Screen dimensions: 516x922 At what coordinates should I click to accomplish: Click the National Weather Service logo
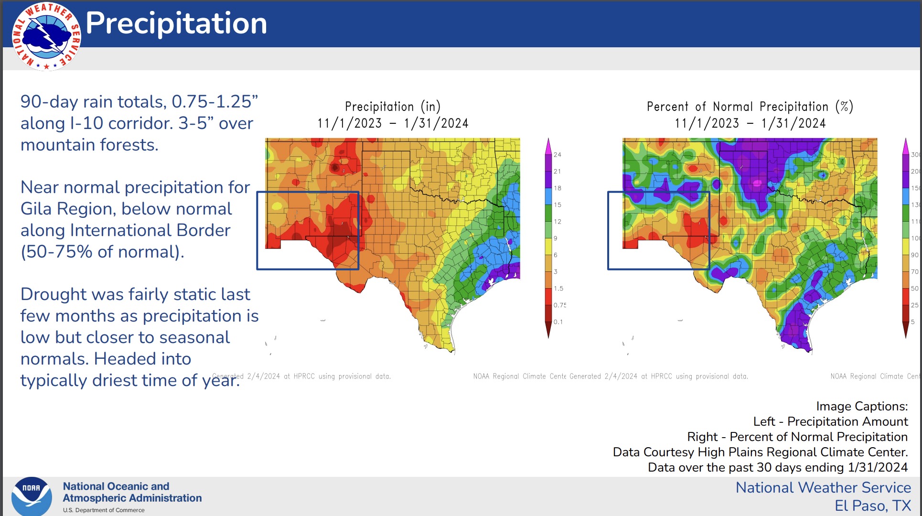46,36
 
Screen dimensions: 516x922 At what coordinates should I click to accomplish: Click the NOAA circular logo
32,496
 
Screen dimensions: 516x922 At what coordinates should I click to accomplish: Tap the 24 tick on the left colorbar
557,155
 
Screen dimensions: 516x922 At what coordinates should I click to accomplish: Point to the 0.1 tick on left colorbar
558,322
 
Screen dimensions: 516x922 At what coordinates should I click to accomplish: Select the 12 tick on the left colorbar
557,222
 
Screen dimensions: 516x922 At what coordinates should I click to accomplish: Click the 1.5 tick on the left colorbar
558,289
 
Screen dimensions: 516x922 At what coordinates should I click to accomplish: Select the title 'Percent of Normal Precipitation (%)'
750,107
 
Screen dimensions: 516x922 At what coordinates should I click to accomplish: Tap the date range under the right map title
750,123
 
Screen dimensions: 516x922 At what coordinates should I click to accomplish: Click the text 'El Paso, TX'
872,505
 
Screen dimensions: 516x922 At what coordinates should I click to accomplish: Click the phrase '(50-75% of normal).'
102,252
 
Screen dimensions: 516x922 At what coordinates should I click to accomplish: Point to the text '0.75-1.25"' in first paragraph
214,102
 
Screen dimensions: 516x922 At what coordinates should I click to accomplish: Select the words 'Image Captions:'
861,406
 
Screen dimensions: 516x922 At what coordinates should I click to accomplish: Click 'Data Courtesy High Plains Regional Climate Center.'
760,452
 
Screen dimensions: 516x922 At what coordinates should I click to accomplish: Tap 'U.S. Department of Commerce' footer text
104,510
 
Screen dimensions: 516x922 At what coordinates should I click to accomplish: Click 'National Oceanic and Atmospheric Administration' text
132,492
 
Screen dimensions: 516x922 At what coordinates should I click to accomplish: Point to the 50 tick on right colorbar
914,289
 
